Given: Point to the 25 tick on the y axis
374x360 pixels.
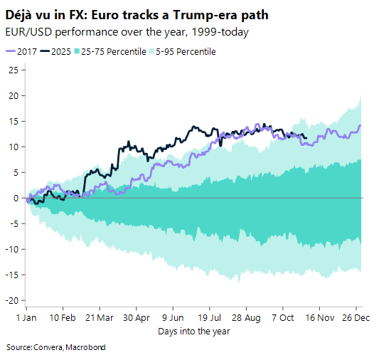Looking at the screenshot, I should pyautogui.click(x=14, y=70).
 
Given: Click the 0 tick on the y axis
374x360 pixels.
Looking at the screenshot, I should pyautogui.click(x=16, y=198).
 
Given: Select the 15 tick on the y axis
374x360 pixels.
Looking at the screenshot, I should pyautogui.click(x=14, y=121).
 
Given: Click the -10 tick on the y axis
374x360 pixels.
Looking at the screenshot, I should pyautogui.click(x=11, y=249).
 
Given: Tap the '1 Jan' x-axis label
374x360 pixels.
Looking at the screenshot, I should pyautogui.click(x=26, y=317).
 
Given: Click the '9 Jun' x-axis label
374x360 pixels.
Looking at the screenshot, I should pyautogui.click(x=173, y=317).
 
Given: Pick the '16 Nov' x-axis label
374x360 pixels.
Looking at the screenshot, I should pyautogui.click(x=319, y=317).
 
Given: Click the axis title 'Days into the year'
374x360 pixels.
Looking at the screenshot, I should pyautogui.click(x=193, y=331).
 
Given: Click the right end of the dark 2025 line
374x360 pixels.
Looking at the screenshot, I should pyautogui.click(x=306, y=138).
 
